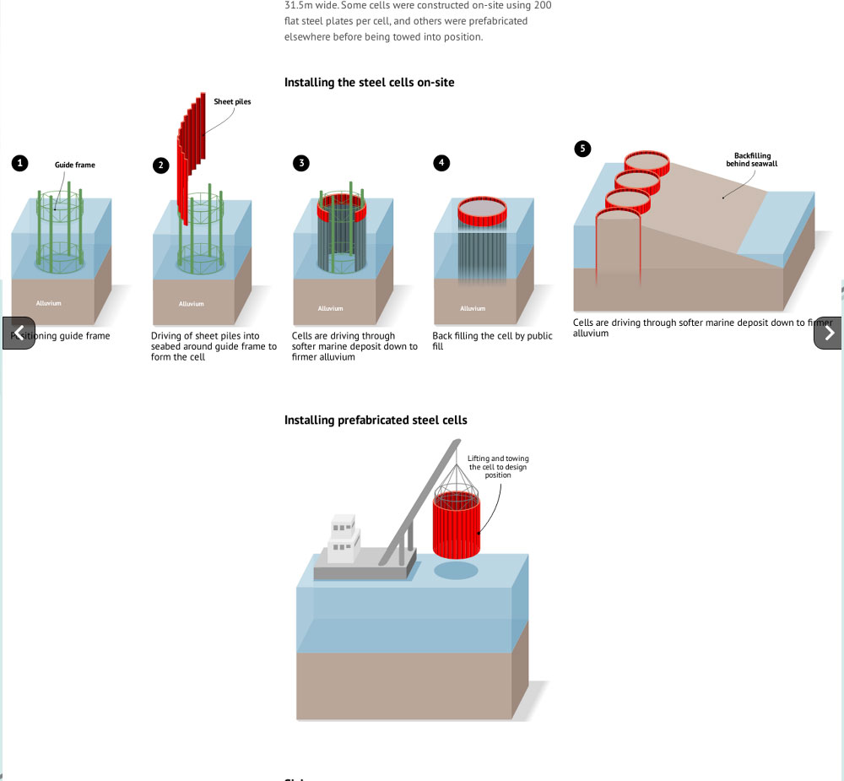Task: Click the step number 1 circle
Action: point(20,164)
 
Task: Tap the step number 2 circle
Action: point(161,165)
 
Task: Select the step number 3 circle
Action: point(301,164)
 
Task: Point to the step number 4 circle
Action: point(441,164)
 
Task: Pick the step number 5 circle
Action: point(582,149)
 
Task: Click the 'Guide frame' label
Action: point(75,165)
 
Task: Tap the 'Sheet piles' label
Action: point(232,101)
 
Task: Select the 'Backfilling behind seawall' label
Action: point(751,160)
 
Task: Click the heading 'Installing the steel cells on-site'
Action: point(370,83)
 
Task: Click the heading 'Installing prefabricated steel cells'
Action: point(376,420)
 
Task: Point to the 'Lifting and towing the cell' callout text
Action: point(498,467)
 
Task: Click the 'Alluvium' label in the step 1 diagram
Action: point(49,302)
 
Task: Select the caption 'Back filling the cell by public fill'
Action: point(492,341)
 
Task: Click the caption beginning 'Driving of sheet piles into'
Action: point(214,346)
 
